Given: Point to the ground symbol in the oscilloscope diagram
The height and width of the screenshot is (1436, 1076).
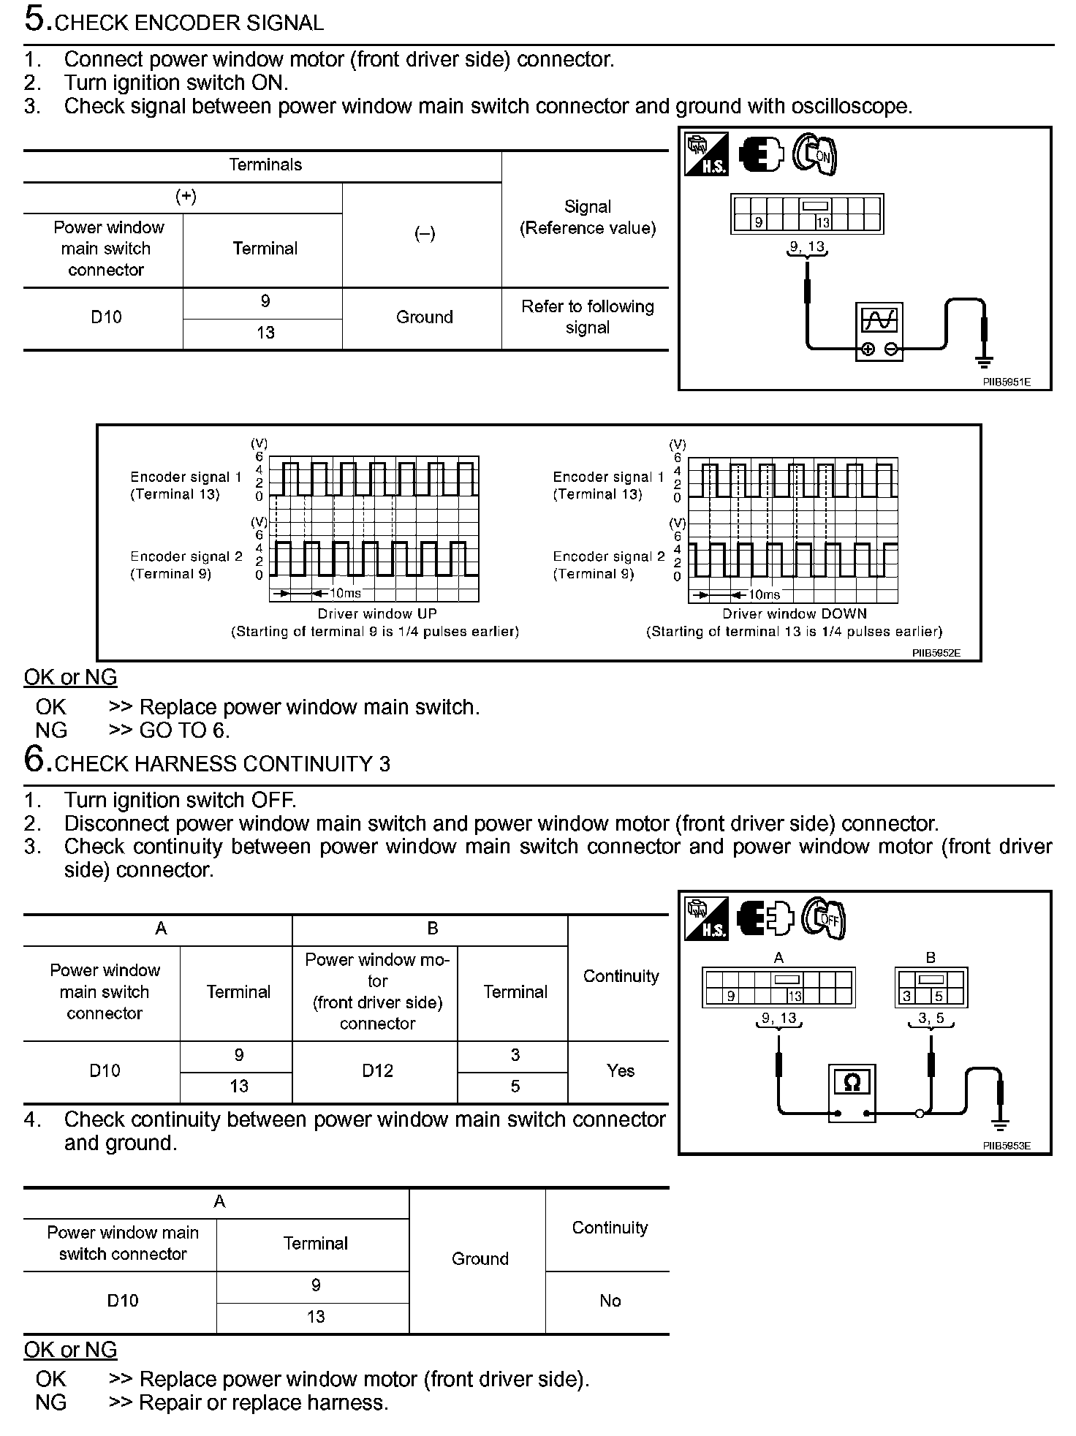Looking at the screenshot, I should coord(984,360).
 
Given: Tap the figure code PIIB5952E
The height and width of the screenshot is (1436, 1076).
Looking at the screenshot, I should coord(936,653).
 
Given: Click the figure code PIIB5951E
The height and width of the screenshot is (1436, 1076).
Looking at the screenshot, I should coord(1007,382).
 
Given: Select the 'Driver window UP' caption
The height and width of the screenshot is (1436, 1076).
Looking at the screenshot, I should coord(376,613).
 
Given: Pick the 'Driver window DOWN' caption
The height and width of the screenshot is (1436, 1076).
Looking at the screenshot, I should coord(794,613).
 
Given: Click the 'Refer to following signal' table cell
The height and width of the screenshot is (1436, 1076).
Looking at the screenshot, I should coord(587,317).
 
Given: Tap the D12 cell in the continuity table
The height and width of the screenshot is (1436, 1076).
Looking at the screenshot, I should coord(377,1070).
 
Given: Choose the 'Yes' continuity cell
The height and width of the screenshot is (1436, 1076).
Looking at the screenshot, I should coord(620,1070).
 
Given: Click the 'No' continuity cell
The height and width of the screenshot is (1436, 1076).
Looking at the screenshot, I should coord(610,1300).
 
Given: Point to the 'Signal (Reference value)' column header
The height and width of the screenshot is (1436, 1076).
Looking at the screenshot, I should coord(587,217).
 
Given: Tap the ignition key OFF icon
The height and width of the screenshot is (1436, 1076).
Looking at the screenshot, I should coord(824,918).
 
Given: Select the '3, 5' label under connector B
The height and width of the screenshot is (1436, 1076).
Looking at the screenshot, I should coord(931,1017).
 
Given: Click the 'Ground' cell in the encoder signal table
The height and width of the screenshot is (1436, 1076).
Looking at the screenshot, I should coord(424,317).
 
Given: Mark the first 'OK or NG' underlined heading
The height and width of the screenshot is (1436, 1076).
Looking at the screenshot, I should coord(70,677).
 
